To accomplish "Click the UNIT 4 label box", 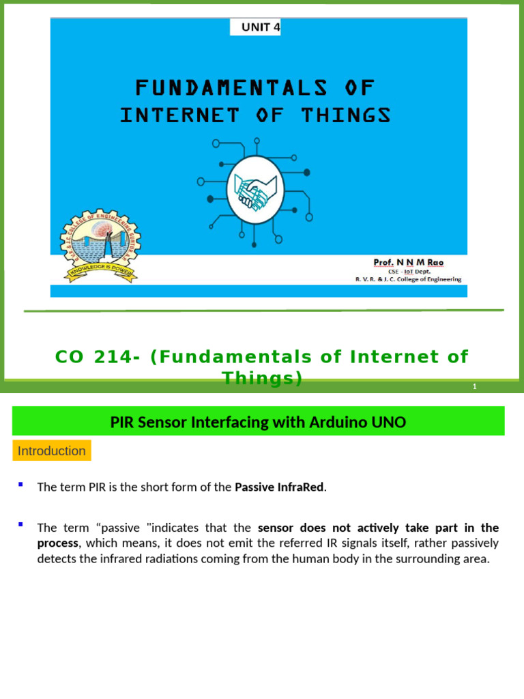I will (255, 27).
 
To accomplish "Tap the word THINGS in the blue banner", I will (347, 115).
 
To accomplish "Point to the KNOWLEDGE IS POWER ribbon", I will (100, 270).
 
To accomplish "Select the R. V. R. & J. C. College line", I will (408, 279).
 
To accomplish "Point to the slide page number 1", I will (474, 387).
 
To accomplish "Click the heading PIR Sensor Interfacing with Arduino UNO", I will (258, 423).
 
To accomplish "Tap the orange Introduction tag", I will (52, 451).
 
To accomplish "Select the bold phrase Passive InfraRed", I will (279, 487).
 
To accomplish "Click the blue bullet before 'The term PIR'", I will (20, 485).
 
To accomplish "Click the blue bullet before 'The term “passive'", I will (20, 525).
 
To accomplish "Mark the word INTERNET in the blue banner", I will (179, 115).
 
